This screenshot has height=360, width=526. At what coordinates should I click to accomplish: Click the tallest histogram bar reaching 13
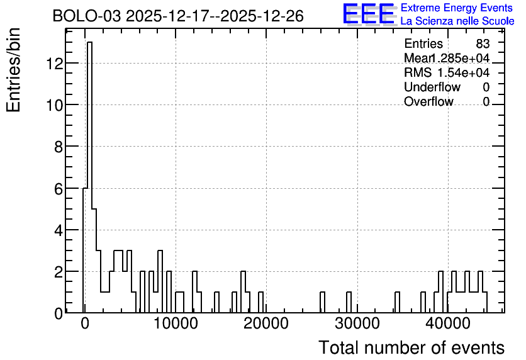coord(89,177)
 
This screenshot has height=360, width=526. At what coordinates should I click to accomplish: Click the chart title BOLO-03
coord(86,16)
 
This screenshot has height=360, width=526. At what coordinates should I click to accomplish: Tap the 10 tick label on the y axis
coord(54,105)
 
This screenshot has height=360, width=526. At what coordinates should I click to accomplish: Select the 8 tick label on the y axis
coord(59,147)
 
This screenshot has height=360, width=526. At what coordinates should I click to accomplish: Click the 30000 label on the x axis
coord(357,323)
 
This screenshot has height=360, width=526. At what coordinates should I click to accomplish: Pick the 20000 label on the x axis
coord(266,323)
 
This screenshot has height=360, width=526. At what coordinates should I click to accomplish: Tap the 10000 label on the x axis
coord(176,323)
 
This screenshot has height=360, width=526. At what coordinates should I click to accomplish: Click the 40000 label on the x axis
coord(448,323)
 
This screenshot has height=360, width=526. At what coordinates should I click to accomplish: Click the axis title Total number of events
coord(411,347)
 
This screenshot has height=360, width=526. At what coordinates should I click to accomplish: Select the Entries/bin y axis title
coord(14,70)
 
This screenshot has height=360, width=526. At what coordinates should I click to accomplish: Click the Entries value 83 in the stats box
coord(483,43)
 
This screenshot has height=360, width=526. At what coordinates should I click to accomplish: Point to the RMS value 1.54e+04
coord(463,72)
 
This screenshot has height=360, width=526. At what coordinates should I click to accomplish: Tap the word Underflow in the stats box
coord(432,87)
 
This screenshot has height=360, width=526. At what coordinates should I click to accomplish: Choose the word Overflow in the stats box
coord(428,101)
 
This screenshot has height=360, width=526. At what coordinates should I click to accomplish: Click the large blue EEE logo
coord(369,14)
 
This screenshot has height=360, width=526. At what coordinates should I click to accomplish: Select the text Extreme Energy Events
coord(457,8)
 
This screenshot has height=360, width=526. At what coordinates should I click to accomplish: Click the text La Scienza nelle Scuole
coord(457,21)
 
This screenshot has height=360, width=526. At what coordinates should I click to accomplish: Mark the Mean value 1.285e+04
coord(459,58)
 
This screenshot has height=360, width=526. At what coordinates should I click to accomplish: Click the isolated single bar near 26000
coord(322,302)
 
